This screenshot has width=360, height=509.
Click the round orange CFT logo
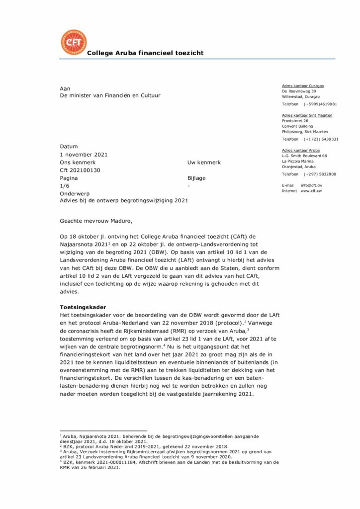point(73,42)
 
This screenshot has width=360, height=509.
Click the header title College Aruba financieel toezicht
point(145,53)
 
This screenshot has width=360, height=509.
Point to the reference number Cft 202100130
point(80,170)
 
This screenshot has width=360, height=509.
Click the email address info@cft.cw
point(312,185)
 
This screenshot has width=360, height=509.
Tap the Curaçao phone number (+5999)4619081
point(320,104)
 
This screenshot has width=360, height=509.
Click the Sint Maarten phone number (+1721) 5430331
point(321,139)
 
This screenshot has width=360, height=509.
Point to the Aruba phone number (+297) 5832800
point(320,174)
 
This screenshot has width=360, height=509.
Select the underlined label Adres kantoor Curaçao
point(303,86)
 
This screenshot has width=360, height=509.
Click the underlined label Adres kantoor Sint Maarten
point(307,115)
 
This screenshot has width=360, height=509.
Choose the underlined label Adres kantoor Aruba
point(301,150)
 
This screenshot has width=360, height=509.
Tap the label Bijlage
point(196,178)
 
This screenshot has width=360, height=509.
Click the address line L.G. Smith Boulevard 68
point(304,156)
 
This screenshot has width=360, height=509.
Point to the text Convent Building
point(298,126)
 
